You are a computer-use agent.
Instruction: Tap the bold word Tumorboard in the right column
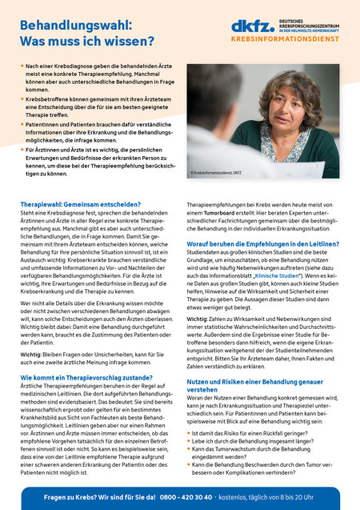coord(224,214)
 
